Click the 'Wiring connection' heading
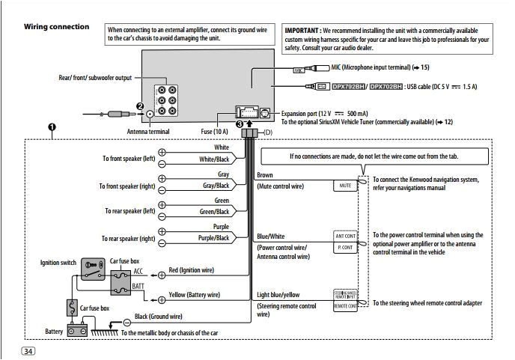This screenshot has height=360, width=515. click(x=56, y=27)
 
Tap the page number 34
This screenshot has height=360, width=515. click(x=28, y=352)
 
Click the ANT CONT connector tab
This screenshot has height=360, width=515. click(x=345, y=236)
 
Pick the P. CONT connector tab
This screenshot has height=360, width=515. click(x=345, y=245)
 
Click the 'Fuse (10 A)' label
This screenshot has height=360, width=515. click(x=217, y=132)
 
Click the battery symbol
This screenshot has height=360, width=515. click(x=74, y=329)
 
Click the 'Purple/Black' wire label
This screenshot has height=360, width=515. click(x=213, y=238)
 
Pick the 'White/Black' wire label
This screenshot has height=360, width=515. click(x=213, y=159)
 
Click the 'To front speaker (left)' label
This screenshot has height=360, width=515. click(x=128, y=159)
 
